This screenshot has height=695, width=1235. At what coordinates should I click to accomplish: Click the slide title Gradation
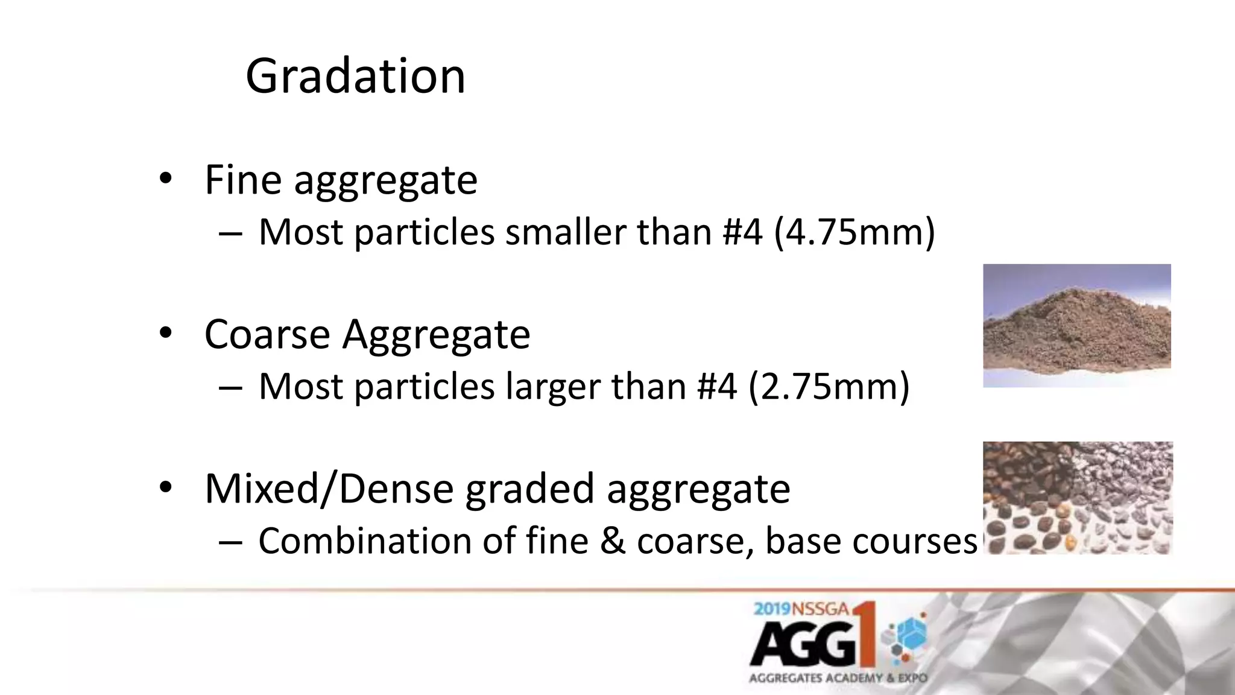click(355, 76)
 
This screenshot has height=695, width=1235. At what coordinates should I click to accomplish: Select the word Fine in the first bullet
click(243, 180)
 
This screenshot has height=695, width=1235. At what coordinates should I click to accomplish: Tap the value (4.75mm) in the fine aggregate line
click(854, 232)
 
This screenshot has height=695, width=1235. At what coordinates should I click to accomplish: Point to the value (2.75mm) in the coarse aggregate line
click(829, 387)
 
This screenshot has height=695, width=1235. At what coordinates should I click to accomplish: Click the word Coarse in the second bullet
click(267, 334)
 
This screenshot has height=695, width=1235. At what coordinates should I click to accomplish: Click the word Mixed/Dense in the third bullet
click(329, 489)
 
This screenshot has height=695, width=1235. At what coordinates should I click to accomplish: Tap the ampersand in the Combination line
click(613, 541)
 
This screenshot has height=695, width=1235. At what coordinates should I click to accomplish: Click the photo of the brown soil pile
click(1076, 325)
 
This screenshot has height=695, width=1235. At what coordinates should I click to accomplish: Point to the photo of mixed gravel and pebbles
click(1078, 498)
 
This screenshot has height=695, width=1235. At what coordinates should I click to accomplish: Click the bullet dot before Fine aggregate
click(165, 179)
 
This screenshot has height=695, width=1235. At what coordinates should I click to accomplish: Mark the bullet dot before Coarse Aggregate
click(165, 333)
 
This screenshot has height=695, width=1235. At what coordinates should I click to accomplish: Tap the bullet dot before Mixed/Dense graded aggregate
click(165, 487)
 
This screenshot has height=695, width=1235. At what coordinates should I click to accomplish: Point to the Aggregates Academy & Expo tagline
click(838, 678)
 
